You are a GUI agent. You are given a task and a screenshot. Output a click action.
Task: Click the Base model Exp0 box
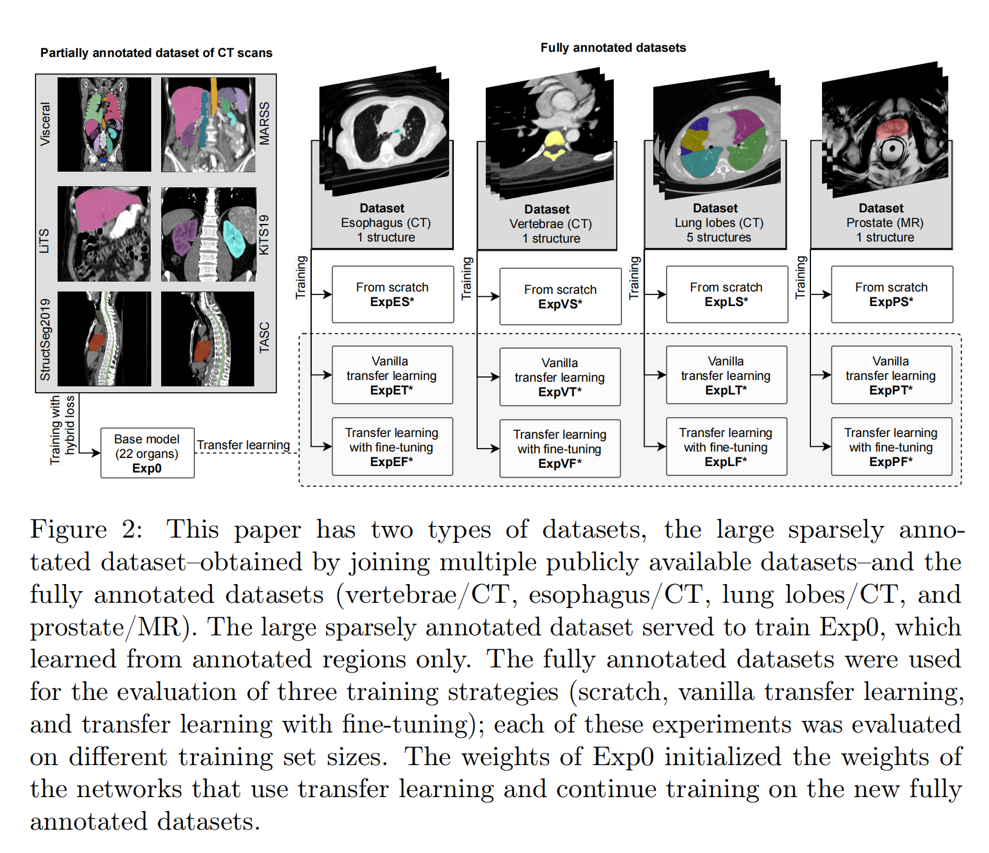147,453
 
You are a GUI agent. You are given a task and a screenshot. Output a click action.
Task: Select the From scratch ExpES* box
393,294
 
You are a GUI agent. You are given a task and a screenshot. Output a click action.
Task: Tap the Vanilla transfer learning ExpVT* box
560,377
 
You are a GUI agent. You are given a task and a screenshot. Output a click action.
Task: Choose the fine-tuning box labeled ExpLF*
726,447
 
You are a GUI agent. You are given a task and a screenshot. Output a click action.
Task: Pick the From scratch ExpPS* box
891,294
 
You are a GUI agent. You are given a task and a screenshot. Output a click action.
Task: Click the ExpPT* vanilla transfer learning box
891,375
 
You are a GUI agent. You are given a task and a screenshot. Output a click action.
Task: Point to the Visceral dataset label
45,124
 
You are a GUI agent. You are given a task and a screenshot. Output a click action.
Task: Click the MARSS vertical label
265,123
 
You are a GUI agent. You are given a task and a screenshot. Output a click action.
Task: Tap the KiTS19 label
265,234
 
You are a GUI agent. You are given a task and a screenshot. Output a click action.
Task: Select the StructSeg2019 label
45,340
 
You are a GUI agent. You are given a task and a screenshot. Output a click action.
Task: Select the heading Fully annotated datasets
613,48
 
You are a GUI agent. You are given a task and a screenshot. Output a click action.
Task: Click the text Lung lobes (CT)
719,223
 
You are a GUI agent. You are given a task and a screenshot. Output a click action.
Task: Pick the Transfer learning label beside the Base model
243,445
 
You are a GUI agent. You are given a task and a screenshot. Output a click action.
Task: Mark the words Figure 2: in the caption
86,529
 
